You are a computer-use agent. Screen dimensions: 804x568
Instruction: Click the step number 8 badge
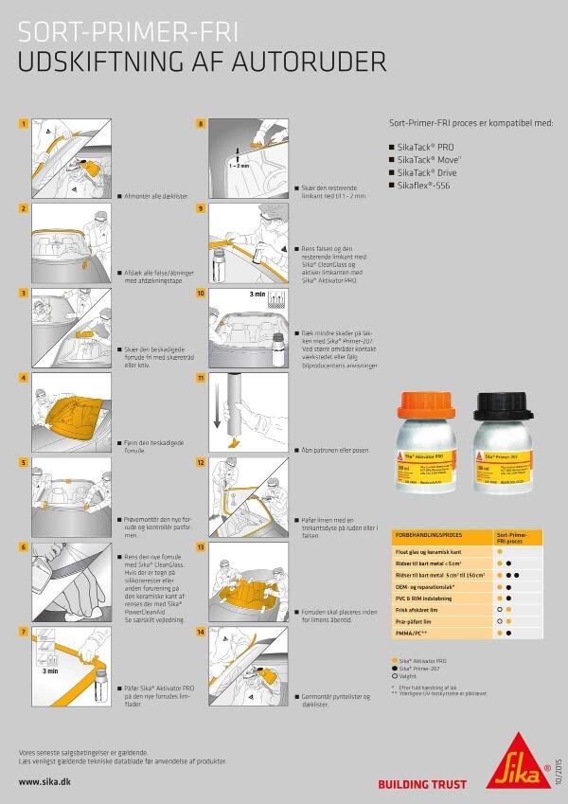(x=201, y=124)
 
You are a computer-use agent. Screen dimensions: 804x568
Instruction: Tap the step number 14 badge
(x=201, y=631)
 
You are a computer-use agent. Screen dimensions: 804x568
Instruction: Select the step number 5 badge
(x=24, y=462)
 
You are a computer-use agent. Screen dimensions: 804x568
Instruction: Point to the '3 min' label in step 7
(x=52, y=670)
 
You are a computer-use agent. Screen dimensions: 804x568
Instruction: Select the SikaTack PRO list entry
(x=428, y=148)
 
